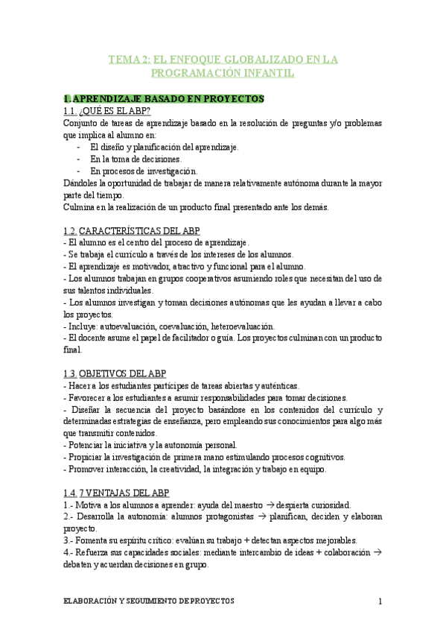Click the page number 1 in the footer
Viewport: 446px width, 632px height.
(x=380, y=601)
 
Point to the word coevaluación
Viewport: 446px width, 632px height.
(x=173, y=326)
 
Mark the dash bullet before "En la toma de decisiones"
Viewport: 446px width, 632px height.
(x=78, y=159)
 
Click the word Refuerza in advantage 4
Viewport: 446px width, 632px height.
(x=95, y=552)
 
